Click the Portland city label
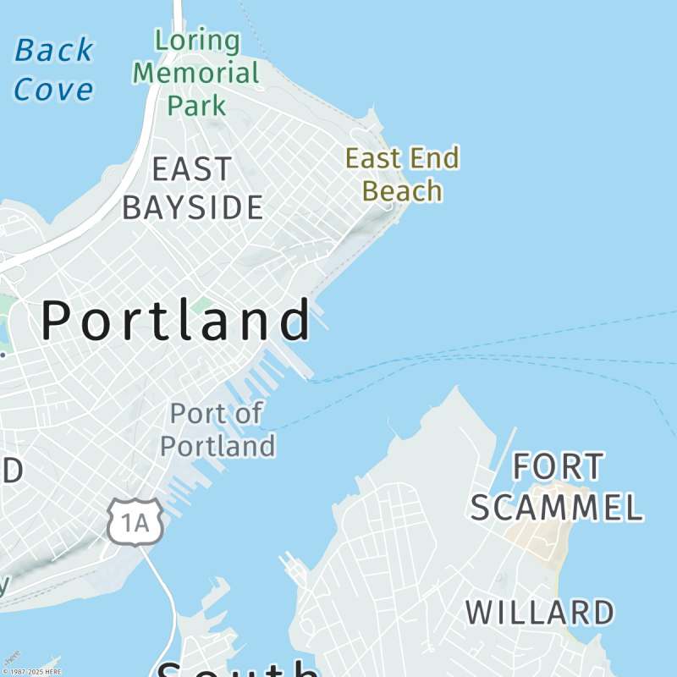tap(176, 321)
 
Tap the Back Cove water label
tap(53, 69)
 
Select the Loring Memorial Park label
tap(196, 73)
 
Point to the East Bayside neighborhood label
tap(192, 188)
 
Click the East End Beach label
tap(402, 174)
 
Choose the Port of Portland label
tap(217, 430)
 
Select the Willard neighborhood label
tap(540, 613)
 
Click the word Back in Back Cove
tap(53, 51)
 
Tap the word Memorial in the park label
tap(196, 73)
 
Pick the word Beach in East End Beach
tap(402, 191)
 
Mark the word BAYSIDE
tap(192, 207)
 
